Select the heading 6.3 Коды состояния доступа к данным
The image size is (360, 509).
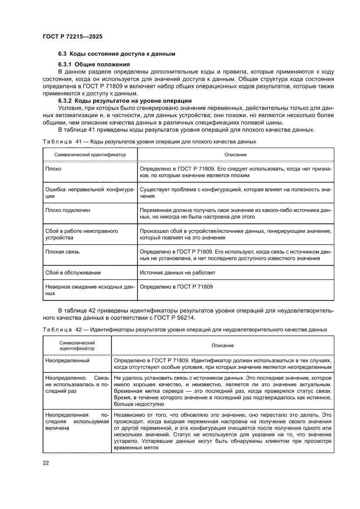(117, 54)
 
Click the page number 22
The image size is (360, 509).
(46, 463)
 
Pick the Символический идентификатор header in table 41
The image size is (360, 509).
(90, 155)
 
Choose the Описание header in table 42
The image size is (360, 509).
(222, 345)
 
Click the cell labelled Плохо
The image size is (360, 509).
(53, 169)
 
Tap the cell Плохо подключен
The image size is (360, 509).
(68, 210)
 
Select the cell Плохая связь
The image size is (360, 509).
(62, 252)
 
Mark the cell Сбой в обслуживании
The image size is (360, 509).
(73, 273)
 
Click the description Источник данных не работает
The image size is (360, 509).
(177, 273)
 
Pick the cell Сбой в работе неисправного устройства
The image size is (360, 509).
(82, 234)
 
